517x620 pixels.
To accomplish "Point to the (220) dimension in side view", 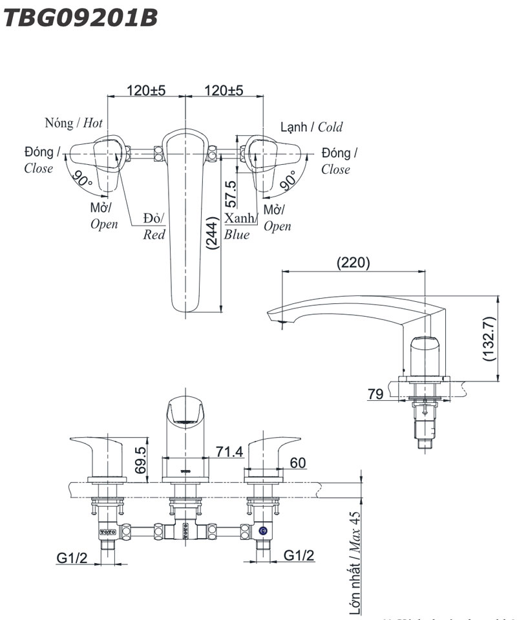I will click(353, 262).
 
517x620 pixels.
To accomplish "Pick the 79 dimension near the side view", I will click(376, 394).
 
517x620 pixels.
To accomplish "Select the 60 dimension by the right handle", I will click(298, 462).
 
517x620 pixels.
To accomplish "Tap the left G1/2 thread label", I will click(72, 555).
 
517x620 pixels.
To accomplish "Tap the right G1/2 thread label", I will click(299, 555).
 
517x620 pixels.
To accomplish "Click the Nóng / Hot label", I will click(74, 123).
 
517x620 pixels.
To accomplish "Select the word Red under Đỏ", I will click(154, 235).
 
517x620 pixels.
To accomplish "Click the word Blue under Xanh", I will click(237, 235).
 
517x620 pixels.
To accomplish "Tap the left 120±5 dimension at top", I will click(146, 91).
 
